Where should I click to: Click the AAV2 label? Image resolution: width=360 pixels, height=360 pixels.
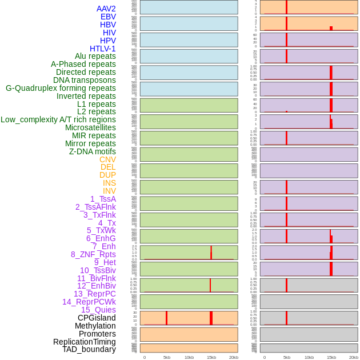[106, 9]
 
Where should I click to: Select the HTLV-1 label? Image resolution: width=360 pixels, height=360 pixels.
[102, 49]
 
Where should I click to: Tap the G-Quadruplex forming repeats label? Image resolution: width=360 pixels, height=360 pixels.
[61, 88]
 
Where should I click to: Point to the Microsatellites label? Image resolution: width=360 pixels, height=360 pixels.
[90, 127]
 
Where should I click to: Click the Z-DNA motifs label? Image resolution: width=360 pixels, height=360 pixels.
[92, 151]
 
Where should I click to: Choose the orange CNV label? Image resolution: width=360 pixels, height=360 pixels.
[107, 159]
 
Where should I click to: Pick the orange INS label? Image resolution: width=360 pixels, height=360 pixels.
[109, 183]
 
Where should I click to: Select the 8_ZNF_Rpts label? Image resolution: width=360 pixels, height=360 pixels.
[93, 254]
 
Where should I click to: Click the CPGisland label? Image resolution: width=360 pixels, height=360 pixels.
[97, 318]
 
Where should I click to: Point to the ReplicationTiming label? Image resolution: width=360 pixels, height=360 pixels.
[84, 342]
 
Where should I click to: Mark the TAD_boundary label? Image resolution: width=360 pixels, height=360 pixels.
[89, 349]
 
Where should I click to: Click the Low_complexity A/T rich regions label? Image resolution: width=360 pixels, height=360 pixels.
[58, 119]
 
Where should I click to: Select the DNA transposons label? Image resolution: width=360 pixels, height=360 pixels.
[85, 80]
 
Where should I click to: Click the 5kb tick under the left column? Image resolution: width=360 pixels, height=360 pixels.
[167, 357]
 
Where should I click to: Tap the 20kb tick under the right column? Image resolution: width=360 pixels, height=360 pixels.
[354, 357]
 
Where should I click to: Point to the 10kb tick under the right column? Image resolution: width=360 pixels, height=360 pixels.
[309, 357]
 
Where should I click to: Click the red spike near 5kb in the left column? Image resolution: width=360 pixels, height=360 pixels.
[166, 318]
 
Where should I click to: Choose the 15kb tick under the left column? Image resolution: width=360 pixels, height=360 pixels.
[211, 357]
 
